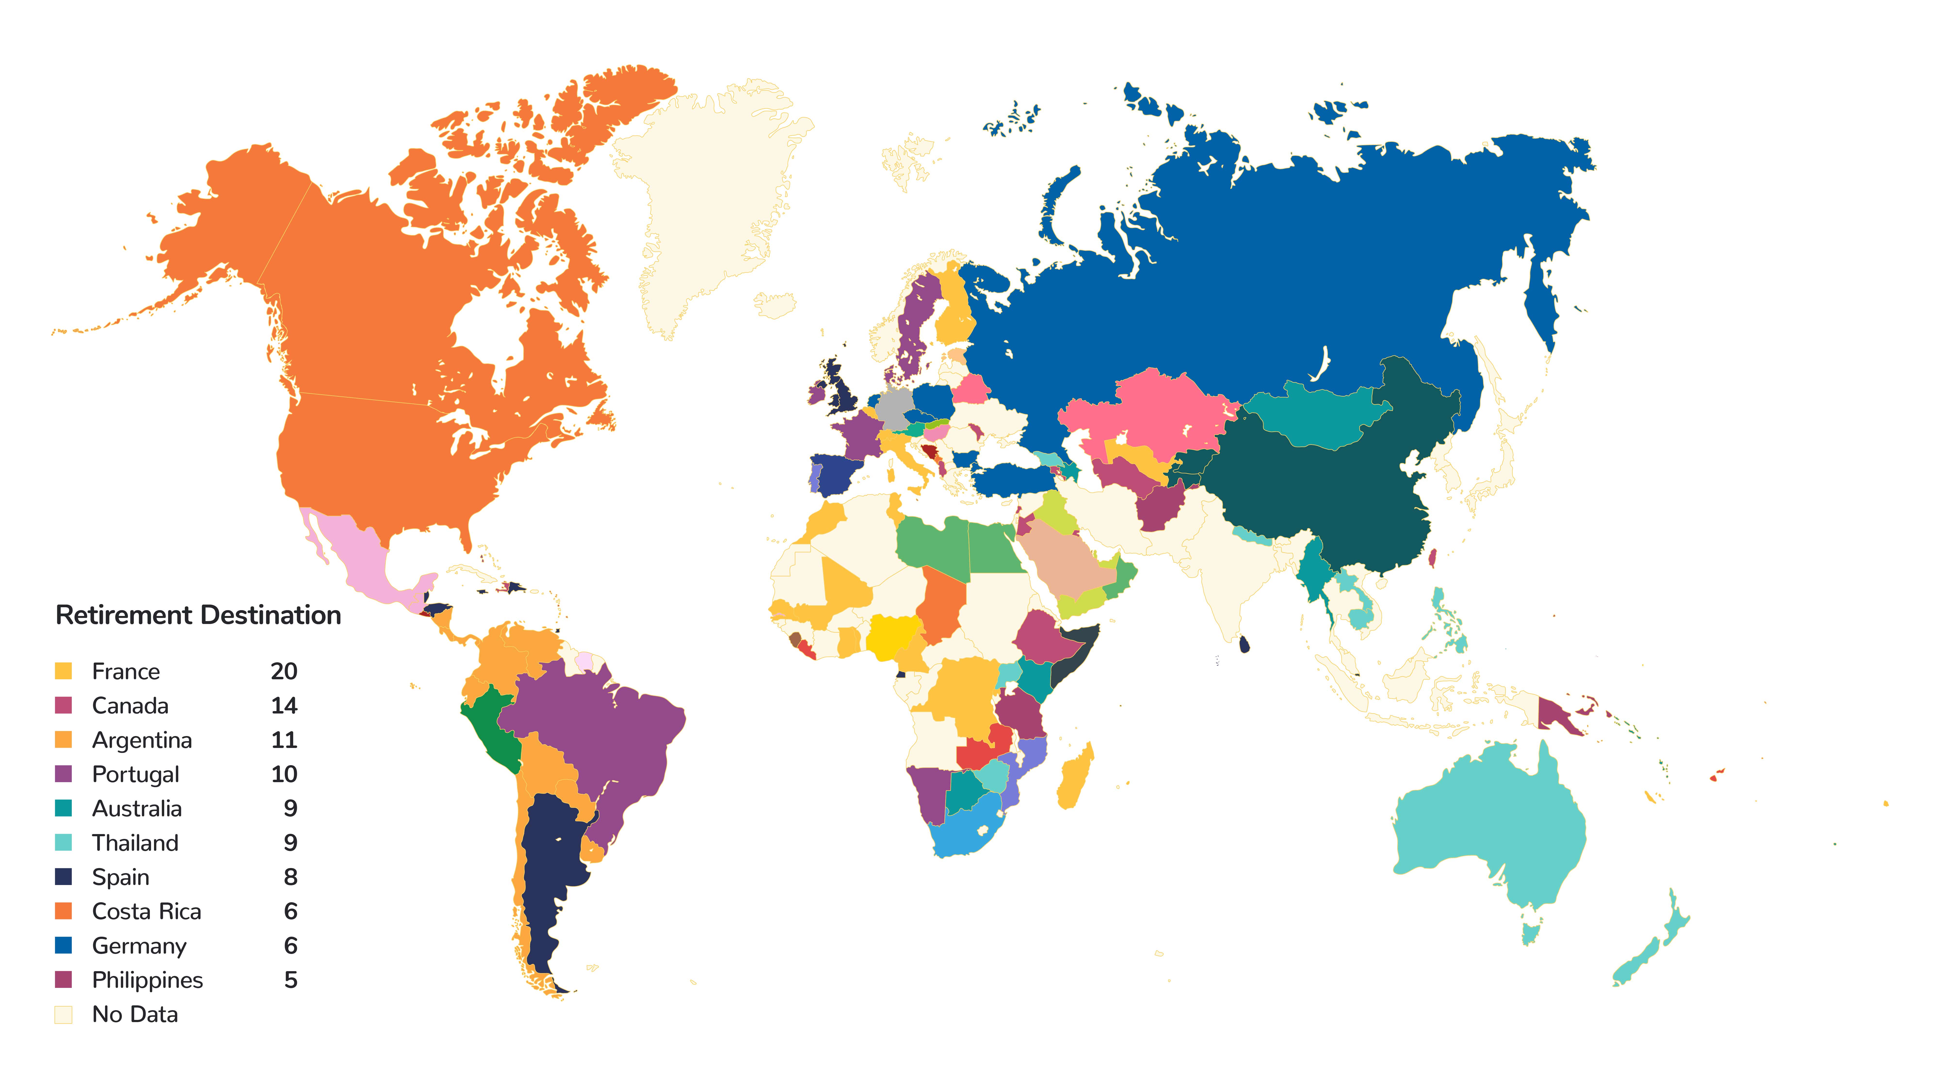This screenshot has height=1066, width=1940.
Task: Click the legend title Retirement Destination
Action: [x=198, y=615]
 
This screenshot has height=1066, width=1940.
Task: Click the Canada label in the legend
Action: [x=130, y=706]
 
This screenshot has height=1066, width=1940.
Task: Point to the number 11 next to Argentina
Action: [x=284, y=740]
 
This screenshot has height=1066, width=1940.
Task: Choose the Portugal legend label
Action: [x=136, y=774]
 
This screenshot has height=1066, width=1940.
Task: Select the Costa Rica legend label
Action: [x=147, y=911]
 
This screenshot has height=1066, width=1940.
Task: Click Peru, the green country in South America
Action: [x=490, y=727]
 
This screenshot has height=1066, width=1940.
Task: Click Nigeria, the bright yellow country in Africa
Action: [x=892, y=637]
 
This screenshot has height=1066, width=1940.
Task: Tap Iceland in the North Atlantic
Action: [x=776, y=305]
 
